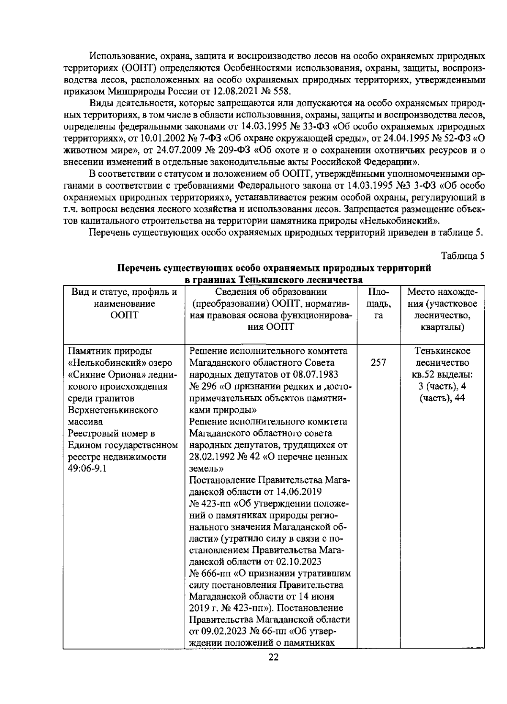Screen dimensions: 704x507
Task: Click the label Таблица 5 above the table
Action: (x=463, y=256)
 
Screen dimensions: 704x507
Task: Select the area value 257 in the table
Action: (x=378, y=363)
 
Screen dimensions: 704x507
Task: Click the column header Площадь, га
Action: (x=379, y=304)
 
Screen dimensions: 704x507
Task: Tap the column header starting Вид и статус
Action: (x=123, y=304)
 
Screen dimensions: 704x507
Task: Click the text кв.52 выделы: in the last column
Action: (x=442, y=375)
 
